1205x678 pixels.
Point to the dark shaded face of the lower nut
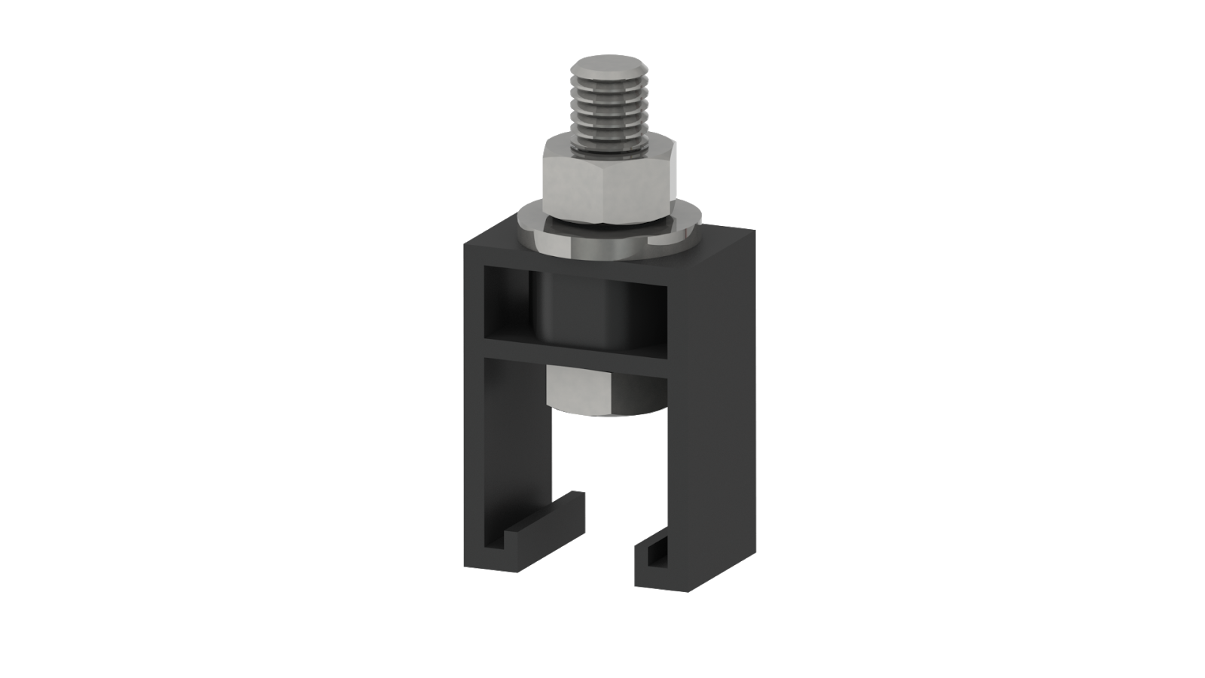pyautogui.click(x=651, y=390)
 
